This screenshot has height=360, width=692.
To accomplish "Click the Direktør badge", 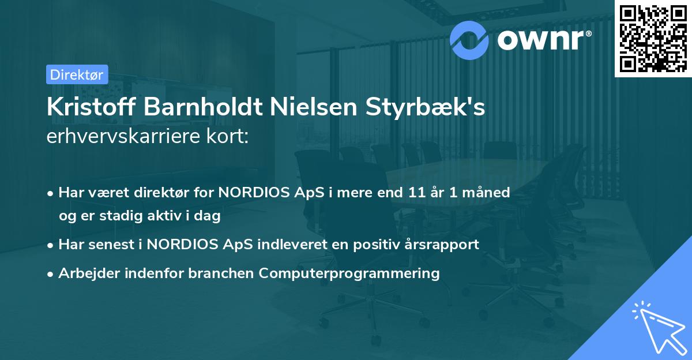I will pos(77,74).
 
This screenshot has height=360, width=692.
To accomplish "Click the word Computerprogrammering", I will pos(349,273).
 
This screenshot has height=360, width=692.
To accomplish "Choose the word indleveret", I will pos(287,244).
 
